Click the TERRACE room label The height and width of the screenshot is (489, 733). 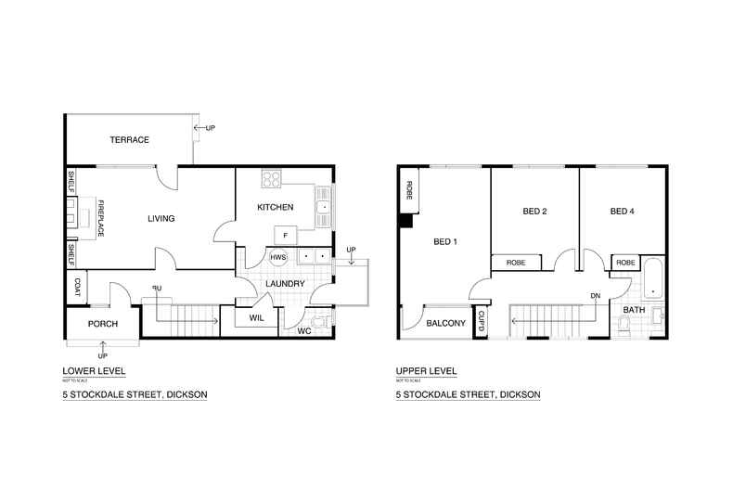tap(130, 139)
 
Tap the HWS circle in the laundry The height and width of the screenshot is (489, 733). tap(278, 257)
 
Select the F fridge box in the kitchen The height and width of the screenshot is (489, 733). tap(285, 233)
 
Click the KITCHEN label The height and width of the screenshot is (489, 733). tap(276, 207)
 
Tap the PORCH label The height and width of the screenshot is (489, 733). tap(101, 324)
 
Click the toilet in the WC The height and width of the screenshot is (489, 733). tap(321, 322)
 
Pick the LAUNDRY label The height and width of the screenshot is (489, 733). tap(286, 283)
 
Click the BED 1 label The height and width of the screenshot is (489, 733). tap(446, 242)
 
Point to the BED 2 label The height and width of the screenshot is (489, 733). tap(534, 212)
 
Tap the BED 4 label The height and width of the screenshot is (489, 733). tap(623, 212)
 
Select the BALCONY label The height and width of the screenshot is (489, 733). tap(445, 324)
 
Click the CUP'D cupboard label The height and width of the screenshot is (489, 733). tap(481, 321)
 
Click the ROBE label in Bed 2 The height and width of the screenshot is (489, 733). tap(516, 264)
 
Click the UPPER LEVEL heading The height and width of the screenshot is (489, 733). tap(426, 371)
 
